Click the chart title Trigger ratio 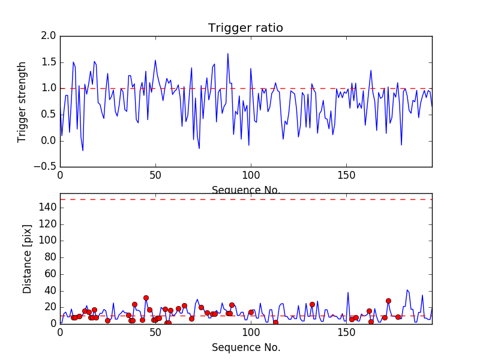coord(245,28)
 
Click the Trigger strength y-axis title coord(22,101)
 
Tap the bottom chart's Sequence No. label coord(245,347)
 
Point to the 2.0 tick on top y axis coord(49,36)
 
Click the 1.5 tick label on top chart coord(49,62)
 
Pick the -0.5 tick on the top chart coord(47,167)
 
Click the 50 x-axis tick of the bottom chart coord(155,332)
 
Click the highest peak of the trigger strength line coord(227,53)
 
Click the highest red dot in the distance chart coord(146,298)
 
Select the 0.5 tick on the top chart coord(49,115)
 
